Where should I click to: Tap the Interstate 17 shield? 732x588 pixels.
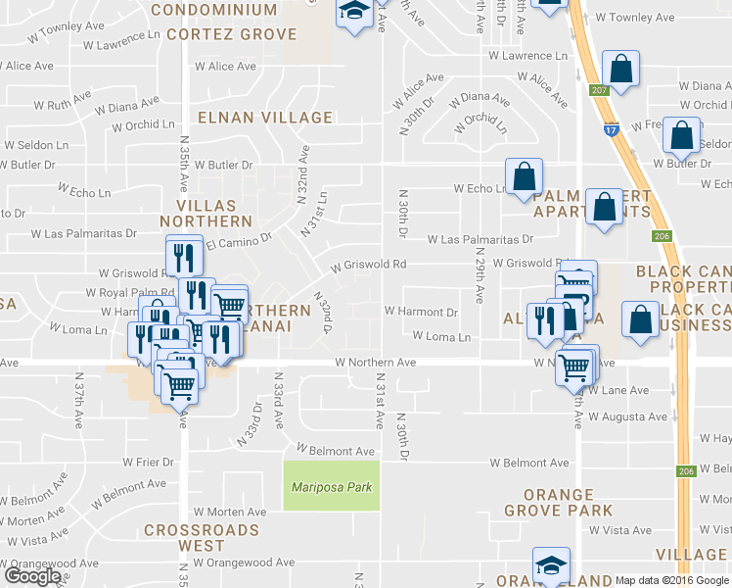point(612,127)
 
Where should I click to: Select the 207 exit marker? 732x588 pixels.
point(599,91)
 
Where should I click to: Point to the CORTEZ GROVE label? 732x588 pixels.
point(231,33)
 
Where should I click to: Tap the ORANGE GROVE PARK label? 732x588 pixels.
point(559,503)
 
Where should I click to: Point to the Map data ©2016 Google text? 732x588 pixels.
point(672,580)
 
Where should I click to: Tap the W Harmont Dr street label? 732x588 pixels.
point(421,312)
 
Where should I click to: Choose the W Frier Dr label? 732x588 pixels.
point(148,461)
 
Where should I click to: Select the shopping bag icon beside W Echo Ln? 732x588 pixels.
point(525,175)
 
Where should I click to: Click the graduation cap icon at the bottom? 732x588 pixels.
point(551,565)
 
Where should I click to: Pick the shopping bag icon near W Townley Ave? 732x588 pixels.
point(620,68)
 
